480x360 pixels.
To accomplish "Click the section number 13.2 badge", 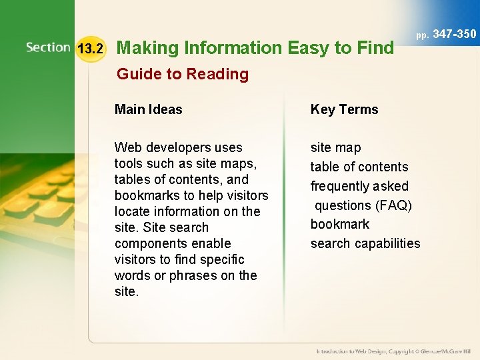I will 91,49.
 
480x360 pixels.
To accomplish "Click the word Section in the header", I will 48,47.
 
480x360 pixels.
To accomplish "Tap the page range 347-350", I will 455,33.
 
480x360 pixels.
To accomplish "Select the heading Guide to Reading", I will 182,74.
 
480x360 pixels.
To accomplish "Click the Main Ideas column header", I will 148,109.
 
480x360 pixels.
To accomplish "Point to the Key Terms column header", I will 344,109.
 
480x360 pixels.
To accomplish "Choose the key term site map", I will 335,147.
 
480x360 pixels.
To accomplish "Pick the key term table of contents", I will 359,167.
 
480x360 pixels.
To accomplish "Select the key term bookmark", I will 339,224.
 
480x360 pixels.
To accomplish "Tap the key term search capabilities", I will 365,243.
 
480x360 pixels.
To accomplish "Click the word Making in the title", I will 147,48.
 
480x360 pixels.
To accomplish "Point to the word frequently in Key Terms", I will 341,186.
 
